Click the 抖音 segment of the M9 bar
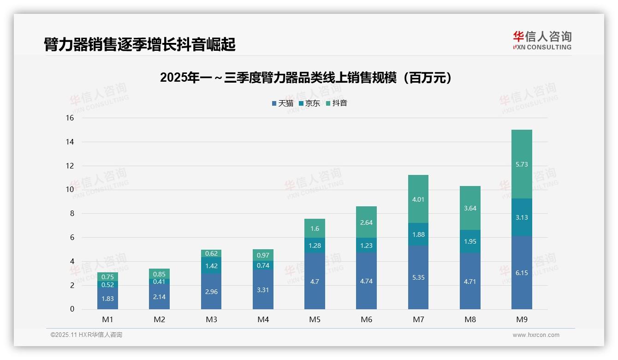522,164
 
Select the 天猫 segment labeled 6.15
522,272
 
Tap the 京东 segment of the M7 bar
418,234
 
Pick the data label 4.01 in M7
418,199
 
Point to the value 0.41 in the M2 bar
159,282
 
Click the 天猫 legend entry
282,103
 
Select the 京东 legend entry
309,103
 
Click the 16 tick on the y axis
70,118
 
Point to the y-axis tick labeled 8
71,214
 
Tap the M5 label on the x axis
315,319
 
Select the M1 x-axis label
107,319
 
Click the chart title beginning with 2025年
306,78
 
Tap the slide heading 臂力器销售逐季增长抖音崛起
140,44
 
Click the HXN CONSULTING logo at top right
542,41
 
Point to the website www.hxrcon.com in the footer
536,335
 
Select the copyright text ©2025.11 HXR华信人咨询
86,335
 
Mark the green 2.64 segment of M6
366,222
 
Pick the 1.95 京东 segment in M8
470,241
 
